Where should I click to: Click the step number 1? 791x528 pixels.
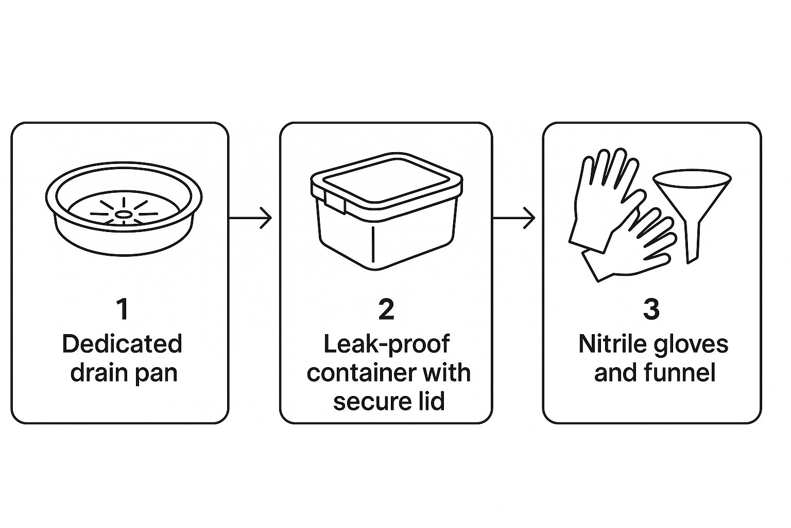122,309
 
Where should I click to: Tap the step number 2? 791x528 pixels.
386,309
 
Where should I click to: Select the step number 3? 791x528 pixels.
651,309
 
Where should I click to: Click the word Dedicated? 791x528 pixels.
122,344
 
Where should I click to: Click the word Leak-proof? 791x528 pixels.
387,344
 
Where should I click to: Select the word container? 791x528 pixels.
352,372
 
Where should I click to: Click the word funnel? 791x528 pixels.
683,372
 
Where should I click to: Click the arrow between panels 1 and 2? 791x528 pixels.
250,218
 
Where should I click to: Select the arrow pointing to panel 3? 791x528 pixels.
514,218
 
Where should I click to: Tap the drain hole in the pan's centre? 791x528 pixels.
124,213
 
